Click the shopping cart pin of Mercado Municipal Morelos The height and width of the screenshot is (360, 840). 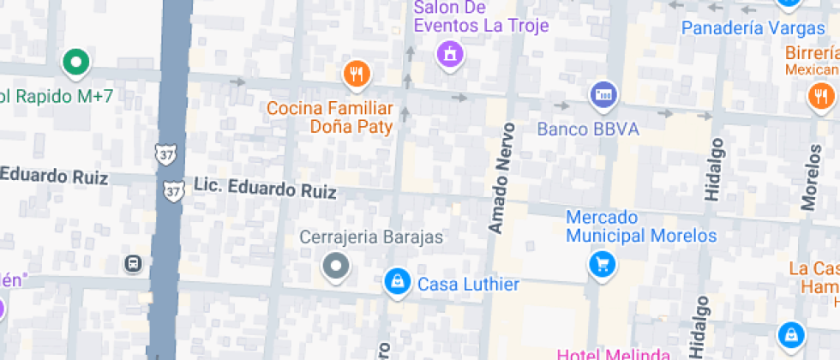coord(603,263)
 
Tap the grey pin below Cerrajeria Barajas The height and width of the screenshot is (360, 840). coord(335,267)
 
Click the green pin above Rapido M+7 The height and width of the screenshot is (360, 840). coord(75,62)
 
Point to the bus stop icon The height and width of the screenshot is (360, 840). coord(134,263)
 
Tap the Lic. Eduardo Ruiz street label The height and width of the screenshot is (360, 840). coord(265,189)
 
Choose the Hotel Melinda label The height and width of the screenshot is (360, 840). coord(613,354)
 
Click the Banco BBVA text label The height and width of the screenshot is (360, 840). coord(588,130)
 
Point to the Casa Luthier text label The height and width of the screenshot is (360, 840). coord(468,285)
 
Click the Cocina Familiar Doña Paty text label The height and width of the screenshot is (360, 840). coord(330,118)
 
